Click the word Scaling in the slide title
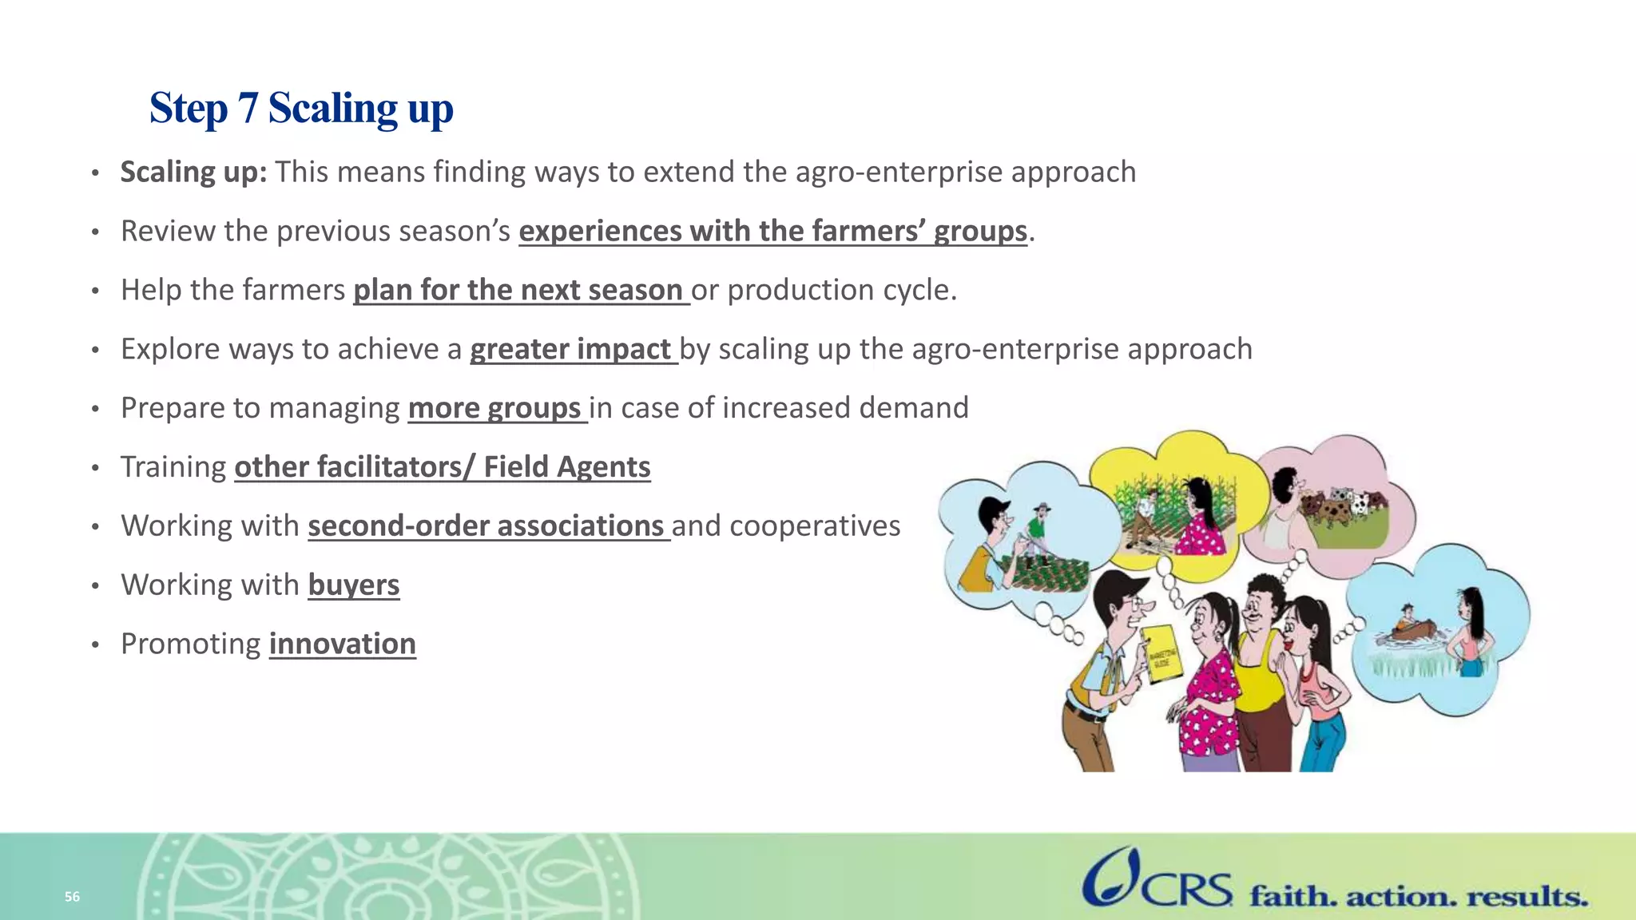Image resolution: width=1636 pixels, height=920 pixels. coord(332,109)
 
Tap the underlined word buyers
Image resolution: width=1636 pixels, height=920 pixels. coord(353,585)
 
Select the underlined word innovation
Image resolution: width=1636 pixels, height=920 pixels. coord(342,644)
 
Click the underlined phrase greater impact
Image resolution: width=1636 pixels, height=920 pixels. coord(570,349)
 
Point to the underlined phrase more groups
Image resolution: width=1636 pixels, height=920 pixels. coord(494,408)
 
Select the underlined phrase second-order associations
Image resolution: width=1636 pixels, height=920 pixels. coord(486,525)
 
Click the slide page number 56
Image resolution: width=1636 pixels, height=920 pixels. coord(72,897)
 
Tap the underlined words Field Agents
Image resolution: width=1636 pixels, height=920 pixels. coord(566,466)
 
